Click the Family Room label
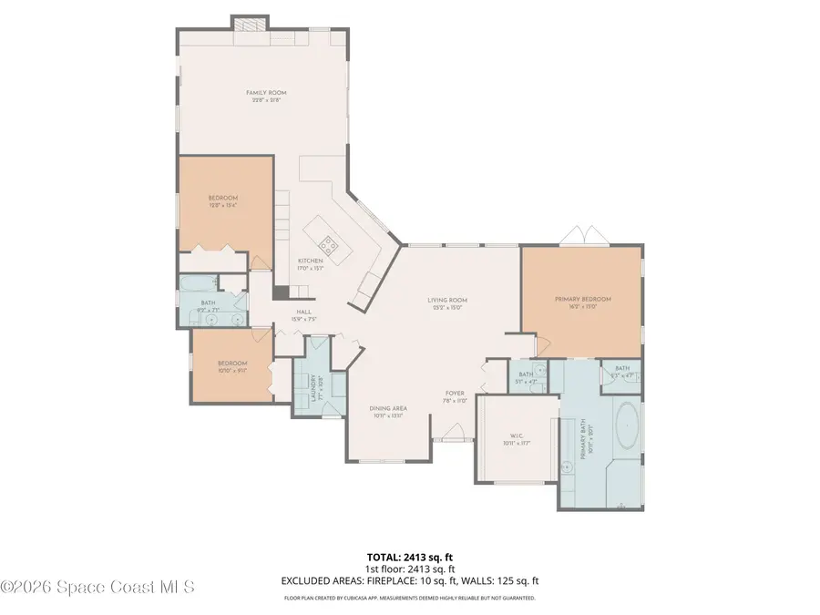point(261,92)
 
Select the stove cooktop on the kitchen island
point(328,245)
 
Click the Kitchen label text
point(310,261)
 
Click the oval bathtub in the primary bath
point(628,426)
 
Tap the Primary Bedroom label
point(583,299)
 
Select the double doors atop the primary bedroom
point(579,237)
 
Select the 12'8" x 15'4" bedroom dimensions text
point(223,205)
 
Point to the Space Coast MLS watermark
point(97,588)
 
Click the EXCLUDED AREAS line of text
point(410,579)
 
